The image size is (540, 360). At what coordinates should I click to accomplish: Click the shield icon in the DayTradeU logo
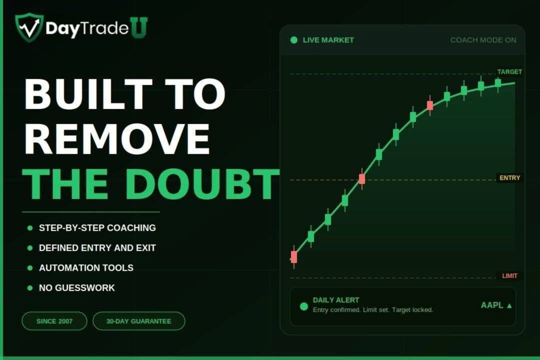29,27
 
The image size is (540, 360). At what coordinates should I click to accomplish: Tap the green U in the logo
139,27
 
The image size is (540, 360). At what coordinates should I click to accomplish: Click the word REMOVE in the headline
117,139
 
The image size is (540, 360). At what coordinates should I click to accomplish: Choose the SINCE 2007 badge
54,321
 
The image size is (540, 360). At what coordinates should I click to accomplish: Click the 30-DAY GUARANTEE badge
139,321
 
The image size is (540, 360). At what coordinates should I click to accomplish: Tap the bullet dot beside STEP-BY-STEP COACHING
30,228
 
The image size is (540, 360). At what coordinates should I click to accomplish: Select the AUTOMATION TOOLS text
86,268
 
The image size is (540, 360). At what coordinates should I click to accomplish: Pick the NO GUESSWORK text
77,288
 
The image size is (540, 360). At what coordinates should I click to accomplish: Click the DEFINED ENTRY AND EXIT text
97,248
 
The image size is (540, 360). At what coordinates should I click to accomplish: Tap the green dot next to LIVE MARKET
294,40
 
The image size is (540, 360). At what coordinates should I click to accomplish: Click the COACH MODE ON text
483,40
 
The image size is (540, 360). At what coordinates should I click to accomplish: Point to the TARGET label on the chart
509,72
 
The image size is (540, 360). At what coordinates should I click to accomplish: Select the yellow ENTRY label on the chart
509,178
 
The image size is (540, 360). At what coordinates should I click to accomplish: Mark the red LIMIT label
509,276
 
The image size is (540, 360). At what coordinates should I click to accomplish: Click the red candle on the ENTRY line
362,179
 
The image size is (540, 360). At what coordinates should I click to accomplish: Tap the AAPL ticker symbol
492,305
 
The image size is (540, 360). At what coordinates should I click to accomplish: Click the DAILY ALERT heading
336,300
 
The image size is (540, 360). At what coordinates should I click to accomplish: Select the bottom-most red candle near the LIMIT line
294,257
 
